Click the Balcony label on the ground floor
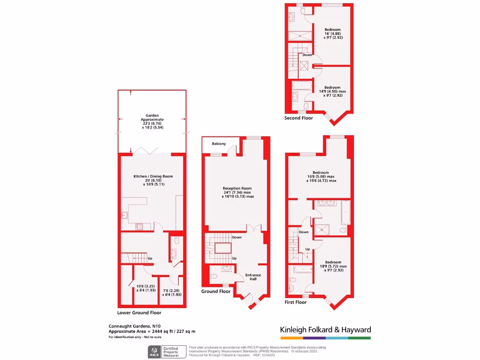coord(218,143)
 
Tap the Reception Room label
coord(238,189)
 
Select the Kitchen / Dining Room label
coord(153,176)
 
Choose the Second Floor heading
coord(300,118)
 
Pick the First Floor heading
coord(296,303)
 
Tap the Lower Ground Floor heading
coord(139,313)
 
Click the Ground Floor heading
coord(216,292)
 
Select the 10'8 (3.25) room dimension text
coord(141,286)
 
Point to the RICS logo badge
coord(154,352)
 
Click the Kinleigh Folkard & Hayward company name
coord(325,330)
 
